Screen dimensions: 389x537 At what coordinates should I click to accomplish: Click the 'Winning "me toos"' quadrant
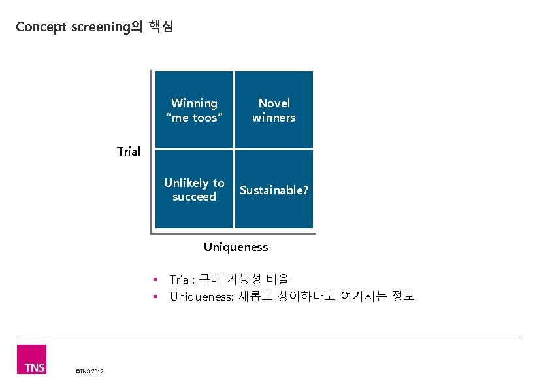coord(194,110)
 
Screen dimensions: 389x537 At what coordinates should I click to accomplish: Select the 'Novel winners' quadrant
coord(274,110)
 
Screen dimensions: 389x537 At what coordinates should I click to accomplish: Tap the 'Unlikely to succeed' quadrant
coord(194,190)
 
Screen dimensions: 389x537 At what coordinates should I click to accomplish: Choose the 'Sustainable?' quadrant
coord(274,190)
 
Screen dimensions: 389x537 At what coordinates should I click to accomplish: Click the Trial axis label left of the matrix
coord(129,152)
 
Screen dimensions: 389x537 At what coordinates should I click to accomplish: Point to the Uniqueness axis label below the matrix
coord(236,247)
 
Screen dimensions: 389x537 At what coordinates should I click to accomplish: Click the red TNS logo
coord(31,360)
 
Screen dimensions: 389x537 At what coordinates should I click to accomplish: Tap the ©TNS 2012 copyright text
coord(89,372)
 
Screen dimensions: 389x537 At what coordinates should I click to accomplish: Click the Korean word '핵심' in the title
coord(161,27)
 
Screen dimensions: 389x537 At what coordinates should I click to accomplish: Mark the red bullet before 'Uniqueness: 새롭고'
coord(155,297)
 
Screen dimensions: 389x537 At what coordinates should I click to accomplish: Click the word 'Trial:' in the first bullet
coord(182,280)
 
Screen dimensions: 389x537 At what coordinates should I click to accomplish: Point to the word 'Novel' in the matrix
coord(274,103)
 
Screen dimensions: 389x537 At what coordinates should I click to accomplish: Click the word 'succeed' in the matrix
coord(194,197)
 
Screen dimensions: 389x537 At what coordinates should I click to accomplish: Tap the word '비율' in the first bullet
coord(278,280)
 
